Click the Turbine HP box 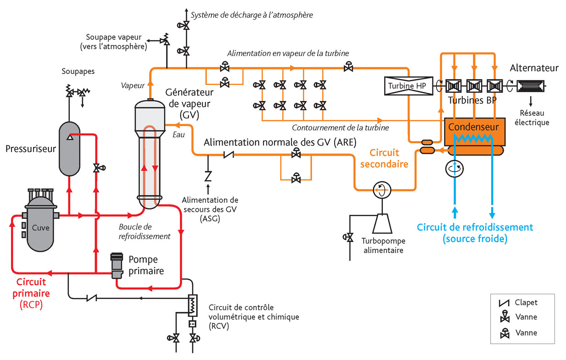click(409, 86)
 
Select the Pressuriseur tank click(69, 149)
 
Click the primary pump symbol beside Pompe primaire click(117, 266)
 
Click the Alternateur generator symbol click(530, 86)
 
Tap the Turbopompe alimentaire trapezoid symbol click(382, 224)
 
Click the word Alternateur click(534, 68)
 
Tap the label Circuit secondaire click(384, 158)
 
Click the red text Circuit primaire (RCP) click(31, 293)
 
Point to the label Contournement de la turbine click(340, 128)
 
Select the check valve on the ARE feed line click(229, 154)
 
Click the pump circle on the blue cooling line click(454, 169)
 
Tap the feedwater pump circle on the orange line click(382, 190)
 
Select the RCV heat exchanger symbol click(192, 305)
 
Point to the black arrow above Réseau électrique click(531, 101)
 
